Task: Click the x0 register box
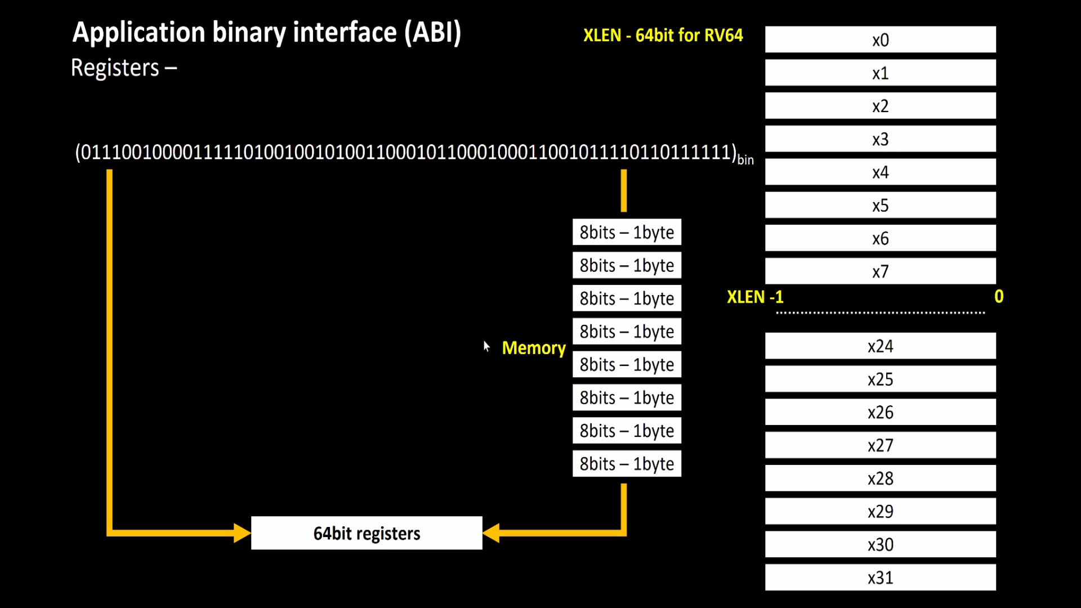[880, 39]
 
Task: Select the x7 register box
[880, 271]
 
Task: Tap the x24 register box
[880, 346]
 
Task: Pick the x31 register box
[880, 578]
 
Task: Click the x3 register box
[880, 139]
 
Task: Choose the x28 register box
[880, 479]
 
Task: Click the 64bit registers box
[367, 533]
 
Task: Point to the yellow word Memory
[533, 348]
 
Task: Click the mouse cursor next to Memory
[486, 346]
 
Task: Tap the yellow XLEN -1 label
[754, 297]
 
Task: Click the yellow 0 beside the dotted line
[999, 296]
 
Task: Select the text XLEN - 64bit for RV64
[663, 35]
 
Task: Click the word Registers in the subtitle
[115, 68]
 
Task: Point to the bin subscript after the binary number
[745, 160]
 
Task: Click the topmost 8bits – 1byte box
[627, 232]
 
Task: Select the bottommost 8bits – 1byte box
[627, 464]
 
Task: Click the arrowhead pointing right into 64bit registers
[242, 533]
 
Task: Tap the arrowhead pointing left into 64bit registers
[492, 533]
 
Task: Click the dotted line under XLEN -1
[880, 312]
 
